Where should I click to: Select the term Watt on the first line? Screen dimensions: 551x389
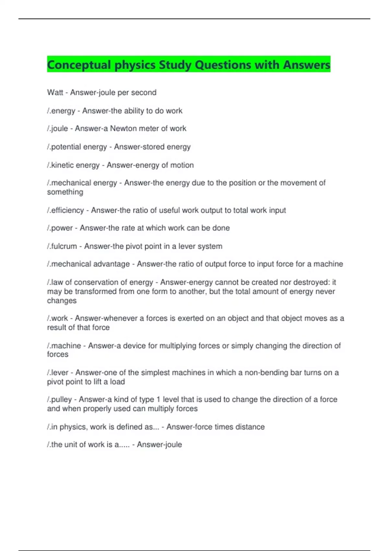(x=55, y=92)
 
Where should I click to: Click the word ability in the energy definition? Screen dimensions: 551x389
(x=134, y=111)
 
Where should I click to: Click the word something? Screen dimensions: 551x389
(x=65, y=192)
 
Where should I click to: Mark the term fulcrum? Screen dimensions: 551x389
(x=64, y=246)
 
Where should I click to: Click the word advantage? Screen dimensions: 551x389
(x=112, y=264)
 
